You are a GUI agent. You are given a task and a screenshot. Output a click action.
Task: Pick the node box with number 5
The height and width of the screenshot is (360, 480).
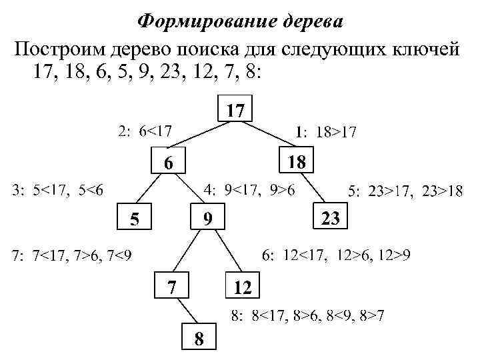[135, 218]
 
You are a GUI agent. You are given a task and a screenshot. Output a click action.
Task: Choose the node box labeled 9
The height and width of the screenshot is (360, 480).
[207, 217]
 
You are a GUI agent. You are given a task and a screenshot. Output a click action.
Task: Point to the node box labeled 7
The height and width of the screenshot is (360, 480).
[172, 287]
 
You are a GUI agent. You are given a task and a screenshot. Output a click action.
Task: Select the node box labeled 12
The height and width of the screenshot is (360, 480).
[242, 288]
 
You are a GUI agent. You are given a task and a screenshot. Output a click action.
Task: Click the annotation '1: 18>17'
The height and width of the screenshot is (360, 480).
[325, 133]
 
